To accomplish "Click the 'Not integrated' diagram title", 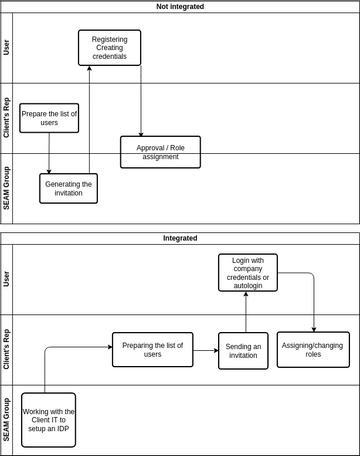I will (x=180, y=6).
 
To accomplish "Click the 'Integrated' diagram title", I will (x=180, y=238).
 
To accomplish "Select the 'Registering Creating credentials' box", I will (x=109, y=47).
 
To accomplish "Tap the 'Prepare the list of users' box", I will (x=48, y=117).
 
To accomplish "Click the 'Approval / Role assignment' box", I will (x=160, y=152).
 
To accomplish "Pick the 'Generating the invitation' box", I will (x=69, y=188).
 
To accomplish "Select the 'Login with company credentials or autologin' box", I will (x=247, y=272).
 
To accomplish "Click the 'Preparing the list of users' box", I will (x=152, y=349).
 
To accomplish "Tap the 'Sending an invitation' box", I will (x=243, y=351).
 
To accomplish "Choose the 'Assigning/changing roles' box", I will (x=313, y=350).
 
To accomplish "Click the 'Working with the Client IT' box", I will (x=49, y=419).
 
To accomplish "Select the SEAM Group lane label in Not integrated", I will (x=8, y=187).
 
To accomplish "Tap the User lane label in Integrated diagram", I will (x=8, y=279).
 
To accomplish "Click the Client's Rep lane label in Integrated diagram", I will (x=8, y=349).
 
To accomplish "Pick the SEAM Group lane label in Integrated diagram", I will (x=8, y=419).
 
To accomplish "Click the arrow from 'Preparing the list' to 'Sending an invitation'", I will (x=205, y=350).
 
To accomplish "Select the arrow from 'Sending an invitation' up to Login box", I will (x=245, y=311).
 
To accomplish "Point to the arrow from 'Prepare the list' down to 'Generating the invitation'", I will (x=49, y=152).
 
